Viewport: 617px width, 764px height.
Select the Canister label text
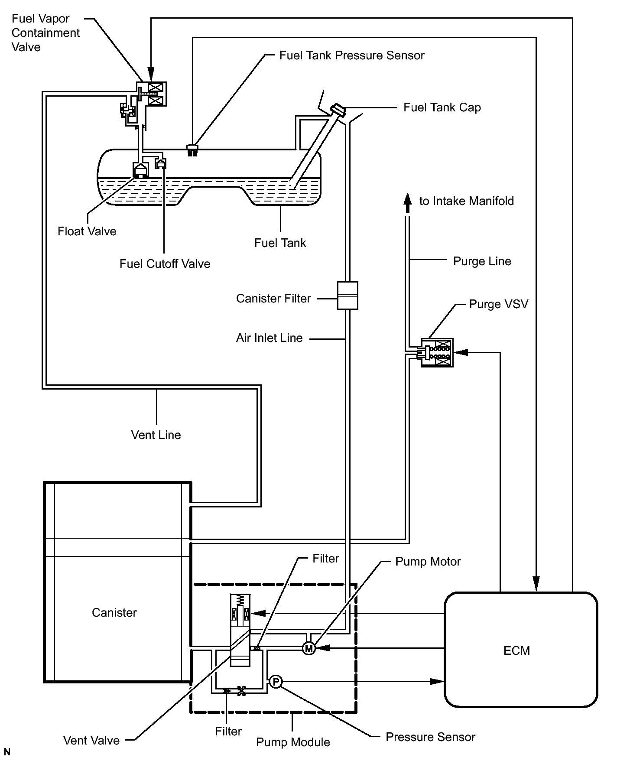tap(114, 612)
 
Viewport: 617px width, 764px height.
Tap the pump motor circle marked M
tap(308, 648)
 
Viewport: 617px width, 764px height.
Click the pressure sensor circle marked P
tap(276, 682)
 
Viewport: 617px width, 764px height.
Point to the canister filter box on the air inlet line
tap(347, 296)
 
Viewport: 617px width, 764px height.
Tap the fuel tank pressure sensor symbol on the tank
tap(192, 150)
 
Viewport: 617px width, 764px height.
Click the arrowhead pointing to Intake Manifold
tap(407, 202)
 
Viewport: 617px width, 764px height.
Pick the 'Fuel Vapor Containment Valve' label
tap(45, 33)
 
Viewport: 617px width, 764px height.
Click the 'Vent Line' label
tap(156, 435)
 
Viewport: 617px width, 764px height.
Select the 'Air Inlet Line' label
tap(270, 338)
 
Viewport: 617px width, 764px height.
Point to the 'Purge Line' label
tap(482, 261)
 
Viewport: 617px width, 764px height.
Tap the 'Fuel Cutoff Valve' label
tap(165, 264)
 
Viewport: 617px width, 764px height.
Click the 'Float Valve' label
tap(87, 231)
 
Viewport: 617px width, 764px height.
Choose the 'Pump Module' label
tap(293, 742)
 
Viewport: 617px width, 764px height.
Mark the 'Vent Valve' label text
tap(91, 740)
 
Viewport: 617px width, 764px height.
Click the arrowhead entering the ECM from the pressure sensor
tap(437, 682)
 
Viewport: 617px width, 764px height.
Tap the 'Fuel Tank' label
tap(280, 243)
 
